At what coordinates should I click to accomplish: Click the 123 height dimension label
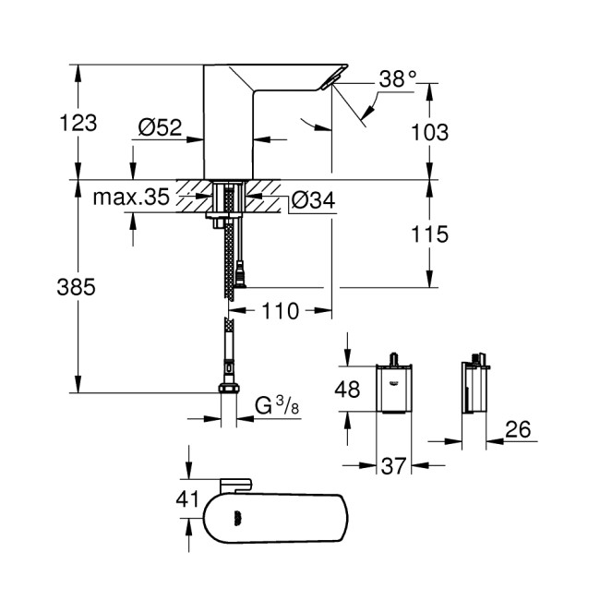tap(78, 122)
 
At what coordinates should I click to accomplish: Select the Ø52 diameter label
tap(161, 128)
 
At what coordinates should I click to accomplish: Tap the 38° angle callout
tap(398, 80)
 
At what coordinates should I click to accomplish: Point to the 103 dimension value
tap(429, 132)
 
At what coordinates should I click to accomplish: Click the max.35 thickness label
tap(131, 197)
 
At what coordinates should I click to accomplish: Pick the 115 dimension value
tap(429, 234)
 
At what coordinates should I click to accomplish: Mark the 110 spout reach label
tap(281, 311)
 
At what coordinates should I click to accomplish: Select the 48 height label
tap(347, 390)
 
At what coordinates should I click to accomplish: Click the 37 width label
tap(394, 469)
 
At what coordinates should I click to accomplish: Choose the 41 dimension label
tap(187, 499)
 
